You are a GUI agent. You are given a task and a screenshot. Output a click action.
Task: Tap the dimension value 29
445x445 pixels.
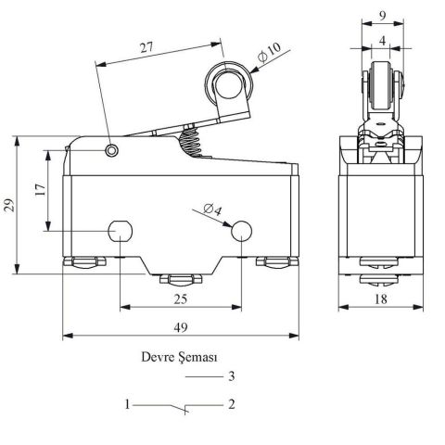coord(9,205)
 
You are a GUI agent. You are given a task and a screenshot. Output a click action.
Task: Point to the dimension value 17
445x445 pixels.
coord(39,191)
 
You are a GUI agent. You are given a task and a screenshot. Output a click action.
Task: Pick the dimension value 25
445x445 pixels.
coord(180,299)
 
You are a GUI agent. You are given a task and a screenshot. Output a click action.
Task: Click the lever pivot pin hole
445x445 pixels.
coord(112,151)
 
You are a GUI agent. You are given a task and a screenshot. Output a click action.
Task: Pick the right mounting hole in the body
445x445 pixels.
coord(242,231)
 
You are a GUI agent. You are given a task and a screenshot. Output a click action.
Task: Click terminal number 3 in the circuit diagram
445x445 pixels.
coord(232,377)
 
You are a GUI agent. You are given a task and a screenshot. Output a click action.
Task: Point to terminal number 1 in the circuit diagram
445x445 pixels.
coord(127,405)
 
